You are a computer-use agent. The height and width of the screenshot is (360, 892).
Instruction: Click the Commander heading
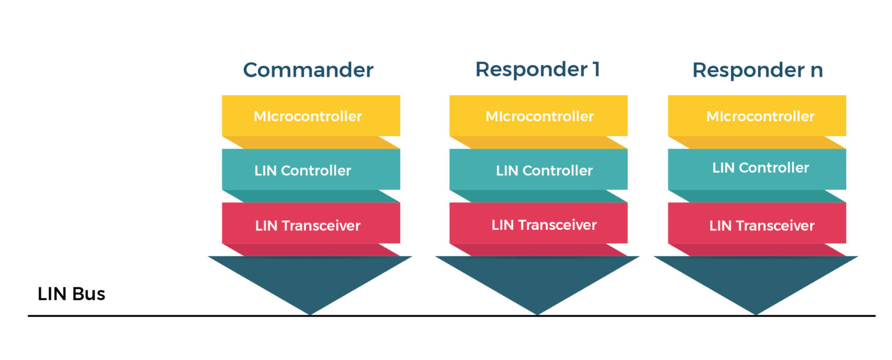[308, 70]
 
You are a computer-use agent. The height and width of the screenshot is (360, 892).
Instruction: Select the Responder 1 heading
[537, 69]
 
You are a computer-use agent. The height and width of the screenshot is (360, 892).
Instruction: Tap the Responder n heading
[757, 70]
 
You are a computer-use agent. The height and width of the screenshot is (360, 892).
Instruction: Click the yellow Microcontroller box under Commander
[311, 116]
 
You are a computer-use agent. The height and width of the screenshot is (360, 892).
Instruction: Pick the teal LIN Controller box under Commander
[311, 170]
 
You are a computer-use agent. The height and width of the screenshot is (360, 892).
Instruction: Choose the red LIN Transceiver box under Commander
[311, 225]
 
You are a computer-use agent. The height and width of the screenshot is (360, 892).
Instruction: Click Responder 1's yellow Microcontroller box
[538, 116]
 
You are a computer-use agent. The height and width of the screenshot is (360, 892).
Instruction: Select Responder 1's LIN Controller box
[538, 170]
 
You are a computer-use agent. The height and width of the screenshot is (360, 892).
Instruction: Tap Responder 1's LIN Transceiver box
[538, 225]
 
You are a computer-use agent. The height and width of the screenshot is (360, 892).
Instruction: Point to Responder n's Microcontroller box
[757, 116]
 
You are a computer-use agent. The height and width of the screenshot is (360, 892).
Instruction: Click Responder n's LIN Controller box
[757, 168]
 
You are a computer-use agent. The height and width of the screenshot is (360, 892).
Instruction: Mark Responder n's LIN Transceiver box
[757, 225]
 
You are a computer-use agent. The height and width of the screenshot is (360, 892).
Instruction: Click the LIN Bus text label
[71, 294]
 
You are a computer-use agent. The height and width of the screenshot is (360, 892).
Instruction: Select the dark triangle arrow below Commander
[310, 279]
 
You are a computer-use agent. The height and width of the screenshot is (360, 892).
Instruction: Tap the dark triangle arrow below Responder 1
[537, 279]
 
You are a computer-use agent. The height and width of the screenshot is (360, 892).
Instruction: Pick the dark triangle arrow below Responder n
[756, 279]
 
